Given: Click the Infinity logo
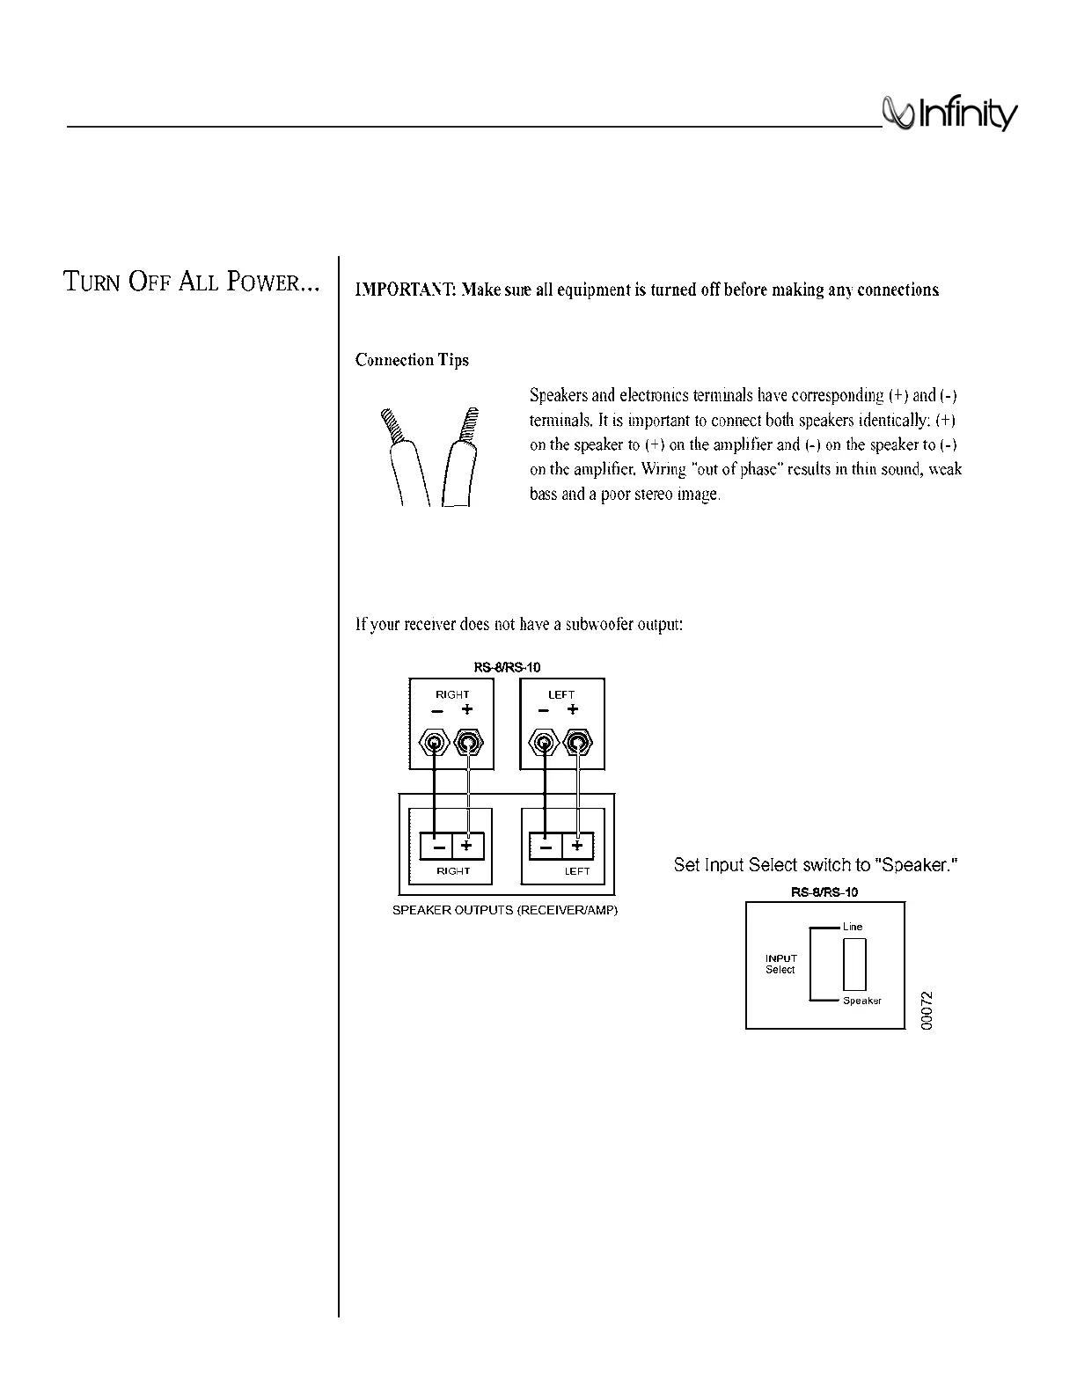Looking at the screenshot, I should coord(950,115).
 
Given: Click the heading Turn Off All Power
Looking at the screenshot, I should coord(190,282).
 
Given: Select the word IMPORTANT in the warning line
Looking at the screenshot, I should coord(403,290).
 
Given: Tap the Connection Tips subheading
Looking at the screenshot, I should coord(412,360).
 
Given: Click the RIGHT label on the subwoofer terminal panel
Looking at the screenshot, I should coord(452,694).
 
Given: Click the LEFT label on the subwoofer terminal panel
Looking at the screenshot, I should coord(561,694).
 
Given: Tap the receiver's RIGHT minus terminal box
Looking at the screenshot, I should coord(436,846).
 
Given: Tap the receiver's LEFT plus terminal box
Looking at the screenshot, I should coord(577,846).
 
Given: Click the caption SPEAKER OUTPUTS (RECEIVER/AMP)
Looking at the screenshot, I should coord(505,910).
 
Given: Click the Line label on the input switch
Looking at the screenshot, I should coord(853,927).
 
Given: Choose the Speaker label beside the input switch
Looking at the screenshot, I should coord(861,1001).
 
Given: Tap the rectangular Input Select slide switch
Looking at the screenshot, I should coord(854,965).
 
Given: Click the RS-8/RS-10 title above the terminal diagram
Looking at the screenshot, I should coord(507,667).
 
